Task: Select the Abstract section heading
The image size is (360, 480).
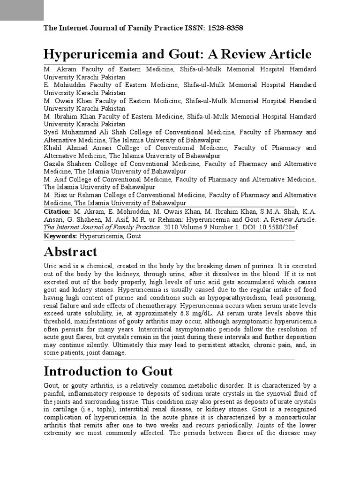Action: click(x=70, y=252)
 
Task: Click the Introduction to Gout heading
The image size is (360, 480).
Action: click(x=108, y=371)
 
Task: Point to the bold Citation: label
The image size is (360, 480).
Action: click(x=57, y=212)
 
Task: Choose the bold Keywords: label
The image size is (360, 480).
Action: click(x=60, y=236)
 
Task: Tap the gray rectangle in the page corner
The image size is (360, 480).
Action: click(x=22, y=10)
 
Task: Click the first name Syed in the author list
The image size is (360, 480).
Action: click(x=51, y=132)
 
